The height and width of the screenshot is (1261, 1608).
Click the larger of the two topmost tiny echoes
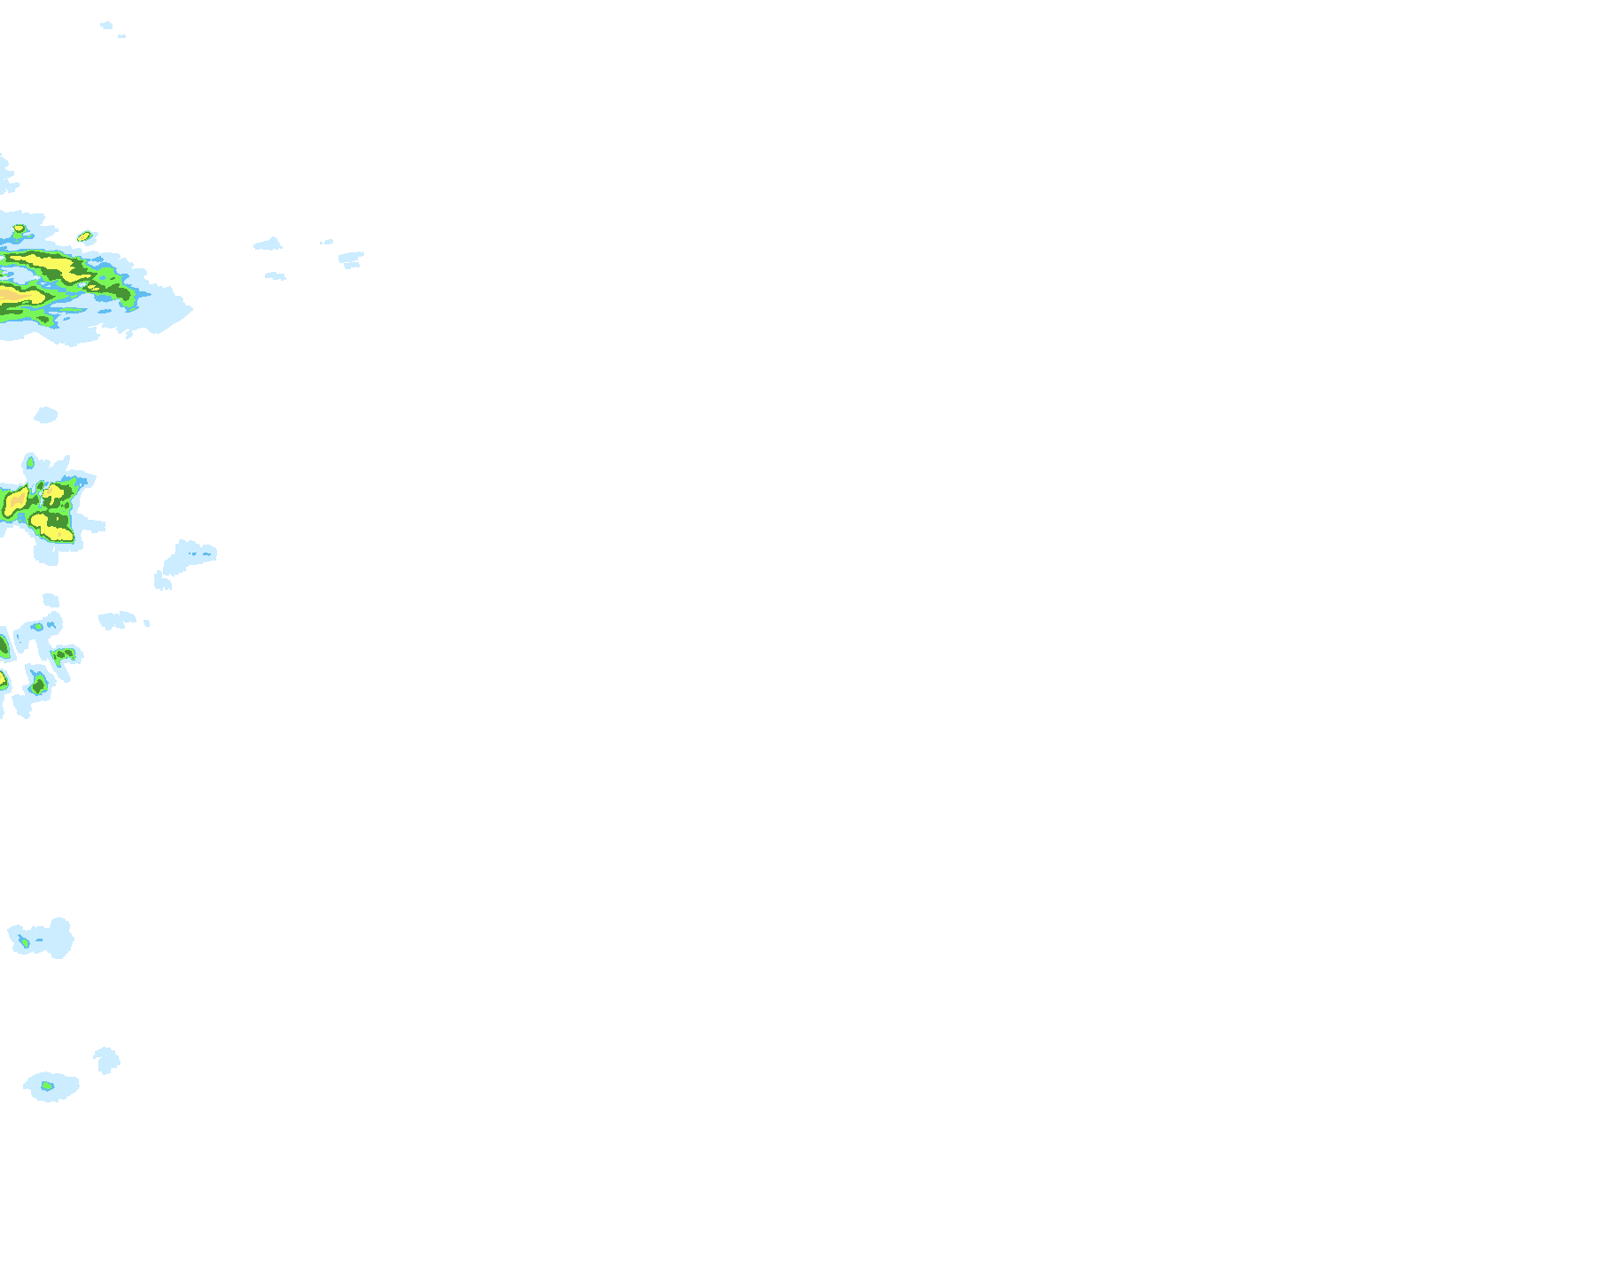106,26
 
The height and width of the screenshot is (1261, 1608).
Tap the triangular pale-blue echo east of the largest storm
268,244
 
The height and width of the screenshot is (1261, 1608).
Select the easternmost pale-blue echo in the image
351,259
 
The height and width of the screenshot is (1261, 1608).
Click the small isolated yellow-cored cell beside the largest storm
85,236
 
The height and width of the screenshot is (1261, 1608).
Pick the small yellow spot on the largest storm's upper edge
19,229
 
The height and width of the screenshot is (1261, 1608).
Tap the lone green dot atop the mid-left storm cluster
30,462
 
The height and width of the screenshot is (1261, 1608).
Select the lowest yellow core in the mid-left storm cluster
53,530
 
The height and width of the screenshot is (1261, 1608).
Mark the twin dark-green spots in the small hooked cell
65,654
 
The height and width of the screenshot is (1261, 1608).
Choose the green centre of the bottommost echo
47,1086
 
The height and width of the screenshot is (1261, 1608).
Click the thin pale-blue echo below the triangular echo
276,276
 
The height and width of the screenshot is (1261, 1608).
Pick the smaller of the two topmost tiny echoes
121,36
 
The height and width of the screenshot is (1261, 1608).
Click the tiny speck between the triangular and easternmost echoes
327,242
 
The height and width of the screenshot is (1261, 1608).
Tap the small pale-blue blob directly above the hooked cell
50,600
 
